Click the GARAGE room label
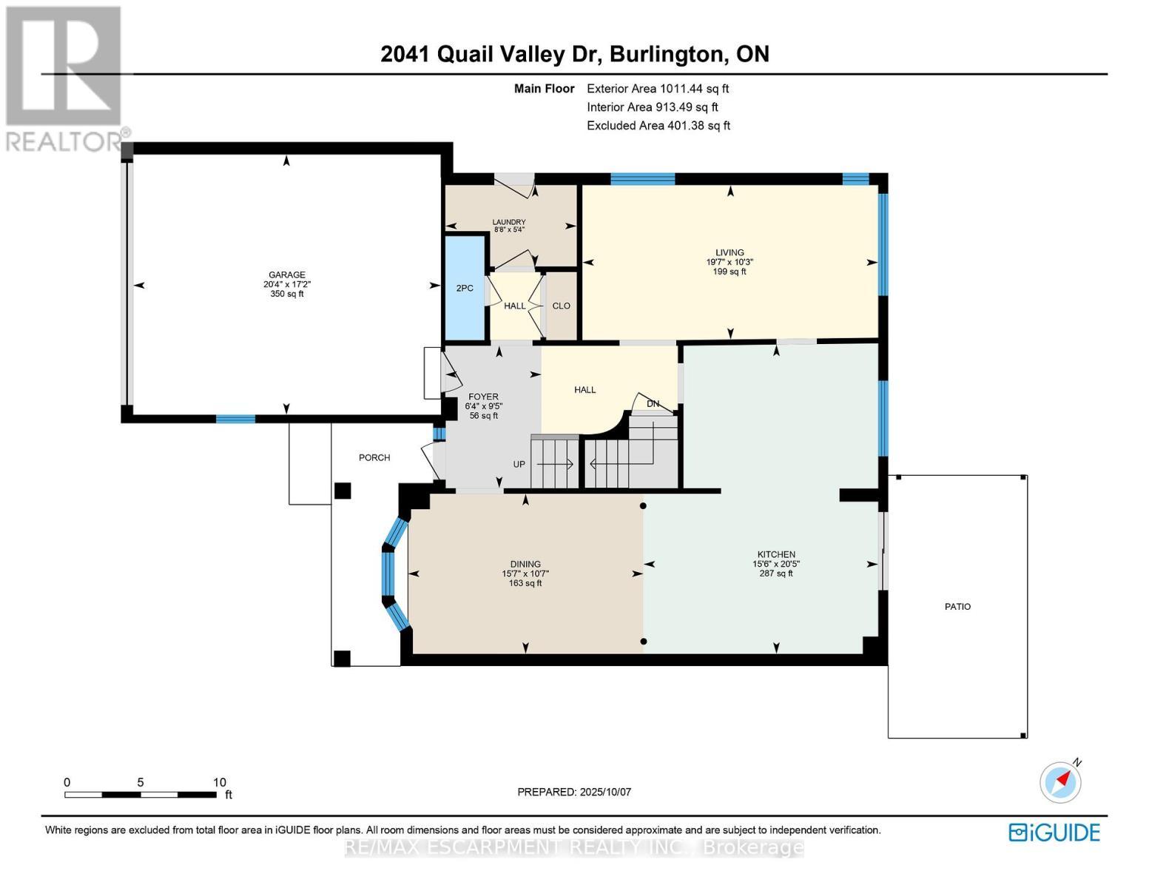pyautogui.click(x=286, y=275)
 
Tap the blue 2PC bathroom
pyautogui.click(x=465, y=288)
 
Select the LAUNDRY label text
pyautogui.click(x=509, y=222)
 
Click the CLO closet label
pyautogui.click(x=561, y=306)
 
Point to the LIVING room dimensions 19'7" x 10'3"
pyautogui.click(x=730, y=262)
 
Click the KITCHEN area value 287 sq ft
pyautogui.click(x=776, y=573)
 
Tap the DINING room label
pyautogui.click(x=525, y=564)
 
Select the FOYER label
pyautogui.click(x=484, y=397)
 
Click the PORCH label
pyautogui.click(x=374, y=457)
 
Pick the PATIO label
pyautogui.click(x=957, y=607)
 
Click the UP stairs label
pyautogui.click(x=519, y=464)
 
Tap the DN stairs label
pyautogui.click(x=653, y=404)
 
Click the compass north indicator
pyautogui.click(x=1061, y=781)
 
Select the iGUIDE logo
pyautogui.click(x=1054, y=832)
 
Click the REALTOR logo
pyautogui.click(x=65, y=78)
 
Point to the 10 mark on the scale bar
pyautogui.click(x=219, y=782)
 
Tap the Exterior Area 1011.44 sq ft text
pyautogui.click(x=657, y=89)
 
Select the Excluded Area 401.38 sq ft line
pyautogui.click(x=658, y=126)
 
